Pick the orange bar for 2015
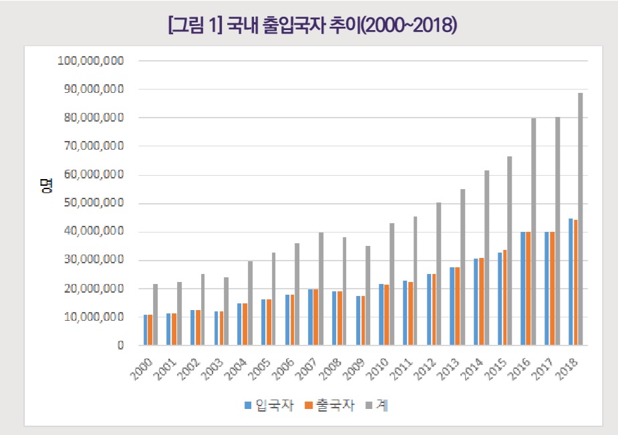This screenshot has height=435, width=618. (x=505, y=297)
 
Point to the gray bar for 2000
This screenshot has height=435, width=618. (x=156, y=315)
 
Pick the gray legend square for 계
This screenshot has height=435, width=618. (x=369, y=405)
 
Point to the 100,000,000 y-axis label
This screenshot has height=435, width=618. (x=91, y=61)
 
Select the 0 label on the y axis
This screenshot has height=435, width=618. (x=121, y=345)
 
